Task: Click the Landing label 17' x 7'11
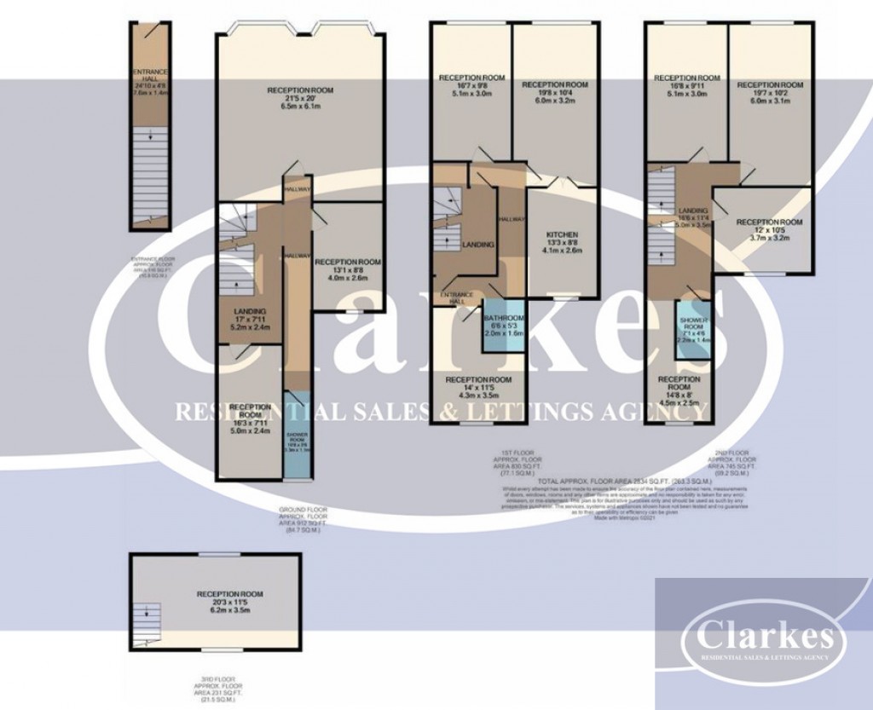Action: [250, 320]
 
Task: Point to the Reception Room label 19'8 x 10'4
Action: [555, 95]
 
